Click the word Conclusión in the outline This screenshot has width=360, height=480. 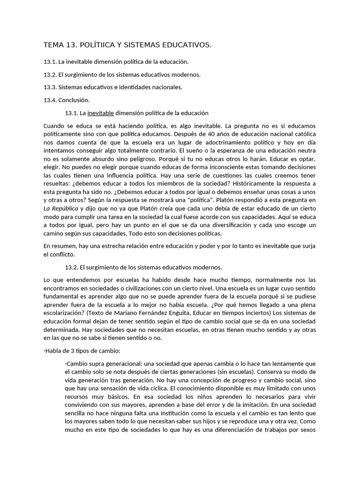(x=74, y=100)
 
